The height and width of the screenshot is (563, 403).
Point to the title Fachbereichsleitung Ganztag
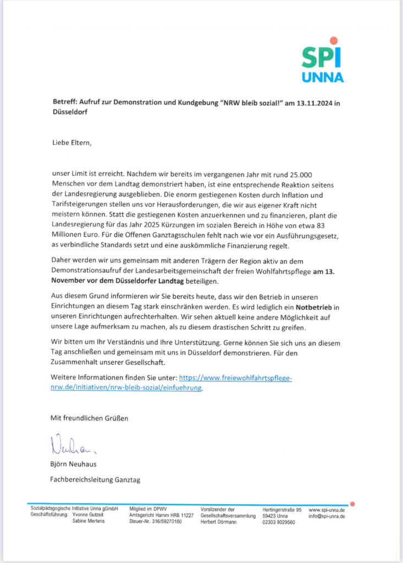click(95, 480)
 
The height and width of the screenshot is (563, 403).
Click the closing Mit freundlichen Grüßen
click(89, 418)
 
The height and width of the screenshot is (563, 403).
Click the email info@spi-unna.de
click(327, 516)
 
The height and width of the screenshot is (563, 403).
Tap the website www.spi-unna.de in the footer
click(327, 510)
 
